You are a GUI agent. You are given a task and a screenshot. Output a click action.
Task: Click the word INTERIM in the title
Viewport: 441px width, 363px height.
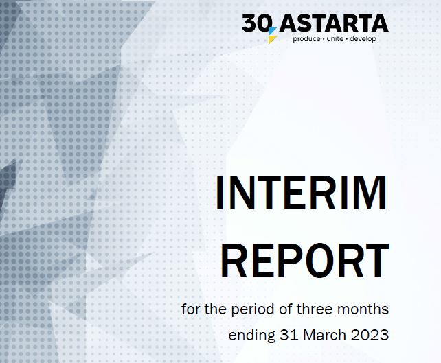[301, 192]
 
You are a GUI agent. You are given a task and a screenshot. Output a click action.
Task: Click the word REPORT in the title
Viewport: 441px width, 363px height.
[305, 261]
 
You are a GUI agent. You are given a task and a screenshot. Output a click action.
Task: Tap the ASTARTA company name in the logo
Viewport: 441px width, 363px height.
[334, 23]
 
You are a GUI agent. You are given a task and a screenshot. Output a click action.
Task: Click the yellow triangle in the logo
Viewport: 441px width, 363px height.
[272, 39]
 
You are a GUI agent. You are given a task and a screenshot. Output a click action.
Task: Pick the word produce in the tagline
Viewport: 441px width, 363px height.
[306, 39]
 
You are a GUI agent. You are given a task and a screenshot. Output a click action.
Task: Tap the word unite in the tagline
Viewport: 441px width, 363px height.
[335, 38]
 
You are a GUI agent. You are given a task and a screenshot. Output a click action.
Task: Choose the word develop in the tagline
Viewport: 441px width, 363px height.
[363, 39]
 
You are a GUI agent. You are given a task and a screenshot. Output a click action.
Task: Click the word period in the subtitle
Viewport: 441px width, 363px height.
[253, 310]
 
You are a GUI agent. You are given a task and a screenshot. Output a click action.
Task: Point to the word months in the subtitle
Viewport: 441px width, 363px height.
[363, 309]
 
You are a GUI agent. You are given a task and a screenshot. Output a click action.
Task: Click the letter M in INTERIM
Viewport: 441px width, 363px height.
[371, 192]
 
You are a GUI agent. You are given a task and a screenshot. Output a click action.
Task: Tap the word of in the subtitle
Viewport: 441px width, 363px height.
[286, 309]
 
